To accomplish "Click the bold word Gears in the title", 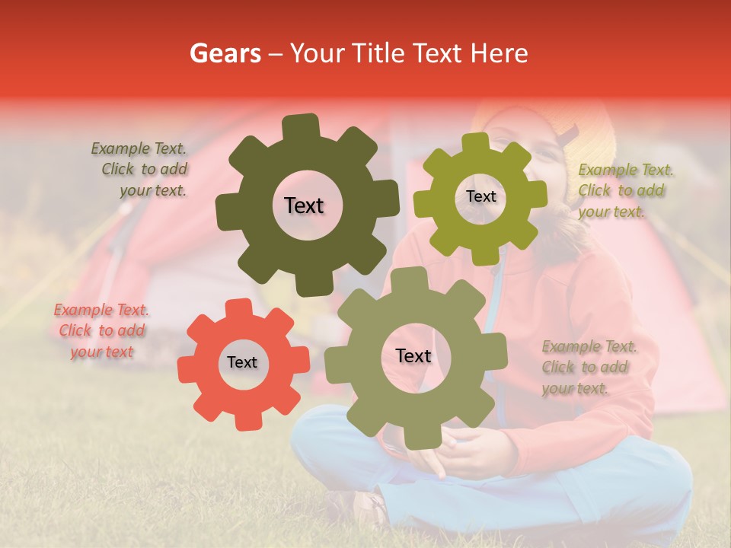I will click(224, 53).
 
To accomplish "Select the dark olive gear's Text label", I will click(304, 205).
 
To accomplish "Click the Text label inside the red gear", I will click(242, 362).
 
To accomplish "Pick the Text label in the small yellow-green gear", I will click(480, 196).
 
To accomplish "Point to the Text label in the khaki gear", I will click(413, 356).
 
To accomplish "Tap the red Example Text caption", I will click(101, 330).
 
